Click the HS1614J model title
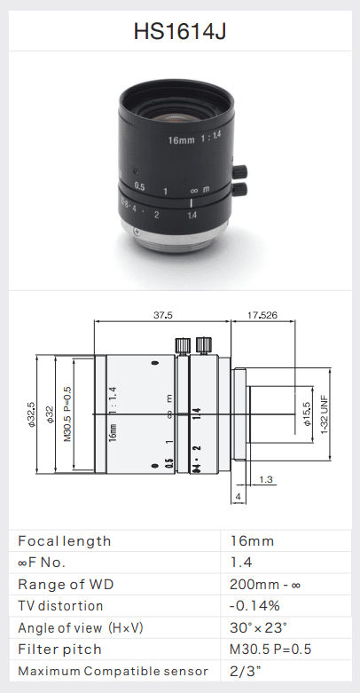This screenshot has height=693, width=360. (180, 31)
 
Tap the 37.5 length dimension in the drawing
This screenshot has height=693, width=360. (163, 315)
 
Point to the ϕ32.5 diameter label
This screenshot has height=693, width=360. (31, 414)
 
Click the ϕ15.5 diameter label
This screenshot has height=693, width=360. (308, 413)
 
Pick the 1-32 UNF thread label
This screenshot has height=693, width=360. (325, 414)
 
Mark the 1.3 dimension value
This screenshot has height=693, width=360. (266, 479)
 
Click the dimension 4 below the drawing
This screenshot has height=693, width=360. (239, 497)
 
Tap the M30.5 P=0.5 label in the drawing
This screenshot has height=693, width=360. (67, 414)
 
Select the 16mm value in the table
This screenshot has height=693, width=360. (252, 541)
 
